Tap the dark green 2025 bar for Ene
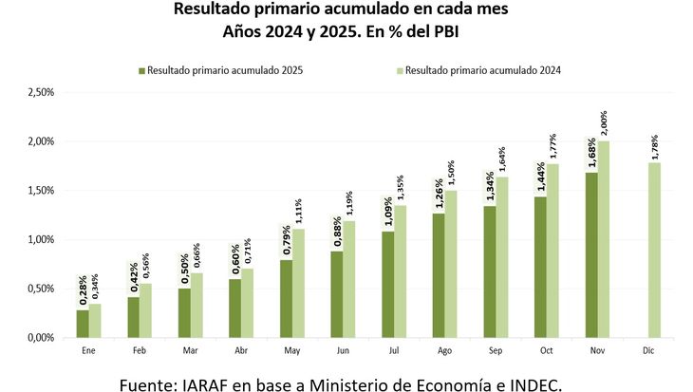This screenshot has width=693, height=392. pyautogui.click(x=83, y=323)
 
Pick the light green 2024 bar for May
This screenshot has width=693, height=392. pyautogui.click(x=298, y=283)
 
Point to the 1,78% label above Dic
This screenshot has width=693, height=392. pyautogui.click(x=654, y=146)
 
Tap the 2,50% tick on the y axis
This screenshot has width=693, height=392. pyautogui.click(x=41, y=92)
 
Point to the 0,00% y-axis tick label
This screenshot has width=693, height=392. pyautogui.click(x=41, y=337)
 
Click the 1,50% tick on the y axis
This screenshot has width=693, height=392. pyautogui.click(x=41, y=190)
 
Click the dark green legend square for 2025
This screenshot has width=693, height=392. pyautogui.click(x=142, y=70)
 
